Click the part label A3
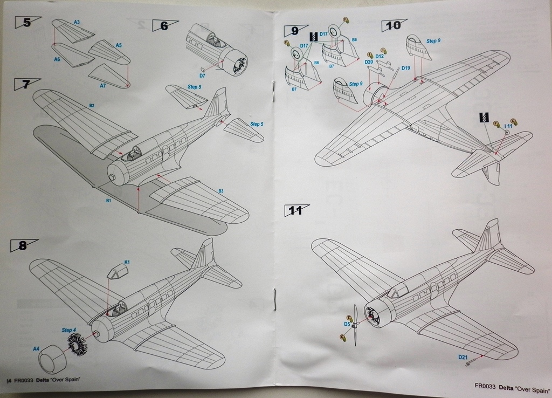click(x=77, y=22)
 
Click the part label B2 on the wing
click(x=92, y=105)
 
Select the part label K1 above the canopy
click(x=127, y=262)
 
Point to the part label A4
click(x=36, y=349)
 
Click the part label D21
click(x=463, y=357)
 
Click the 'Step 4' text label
click(x=69, y=330)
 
